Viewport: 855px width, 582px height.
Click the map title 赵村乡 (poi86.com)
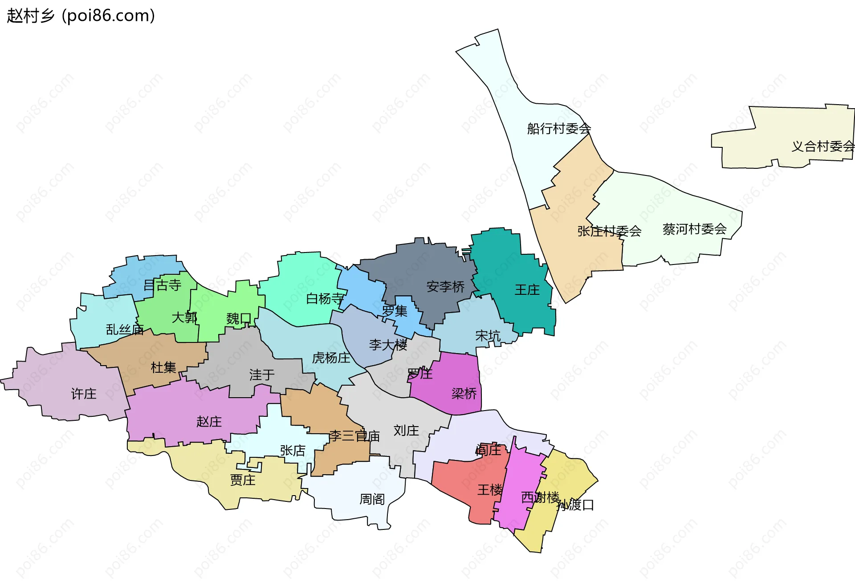pos(81,16)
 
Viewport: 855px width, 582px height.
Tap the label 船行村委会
pos(558,129)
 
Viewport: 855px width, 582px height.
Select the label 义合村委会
pos(822,146)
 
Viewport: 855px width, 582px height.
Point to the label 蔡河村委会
pos(694,229)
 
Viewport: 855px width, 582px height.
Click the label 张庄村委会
pos(609,231)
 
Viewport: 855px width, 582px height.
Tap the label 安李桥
pos(445,287)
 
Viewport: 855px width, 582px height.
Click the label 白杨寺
pos(325,299)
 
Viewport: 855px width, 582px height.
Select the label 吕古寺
pos(162,285)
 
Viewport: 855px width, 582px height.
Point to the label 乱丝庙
pos(125,330)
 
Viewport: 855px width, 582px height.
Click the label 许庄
pos(84,394)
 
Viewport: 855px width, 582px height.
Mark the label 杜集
pos(163,367)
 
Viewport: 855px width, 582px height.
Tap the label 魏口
pos(239,318)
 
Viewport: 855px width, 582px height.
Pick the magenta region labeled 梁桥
pos(464,394)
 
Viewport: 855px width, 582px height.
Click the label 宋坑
pos(488,336)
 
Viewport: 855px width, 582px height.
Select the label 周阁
pos(372,499)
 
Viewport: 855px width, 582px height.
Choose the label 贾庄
pos(243,480)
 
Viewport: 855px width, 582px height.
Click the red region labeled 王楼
pos(490,490)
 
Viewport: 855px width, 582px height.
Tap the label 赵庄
pos(209,421)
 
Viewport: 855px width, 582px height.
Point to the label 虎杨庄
pos(331,358)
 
